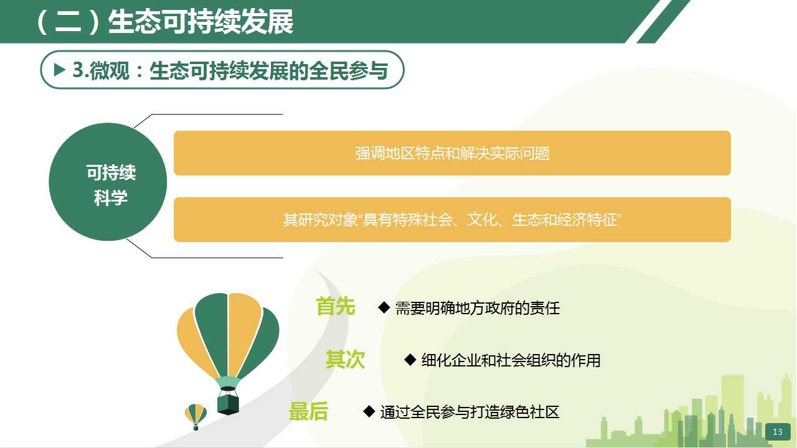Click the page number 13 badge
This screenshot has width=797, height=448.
778,432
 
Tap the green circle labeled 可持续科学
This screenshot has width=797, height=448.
108,182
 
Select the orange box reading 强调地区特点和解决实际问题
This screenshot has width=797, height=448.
452,153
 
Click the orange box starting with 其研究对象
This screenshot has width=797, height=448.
452,220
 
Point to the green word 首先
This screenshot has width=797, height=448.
336,307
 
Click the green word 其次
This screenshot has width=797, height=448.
345,359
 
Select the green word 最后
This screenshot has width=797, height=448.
308,411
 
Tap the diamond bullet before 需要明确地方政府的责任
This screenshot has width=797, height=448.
384,307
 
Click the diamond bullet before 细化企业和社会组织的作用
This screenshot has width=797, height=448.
410,360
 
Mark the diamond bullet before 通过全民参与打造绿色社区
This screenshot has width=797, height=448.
369,412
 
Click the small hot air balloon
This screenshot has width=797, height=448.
196,417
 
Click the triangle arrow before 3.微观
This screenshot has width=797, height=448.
59,70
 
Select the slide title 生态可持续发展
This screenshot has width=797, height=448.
200,22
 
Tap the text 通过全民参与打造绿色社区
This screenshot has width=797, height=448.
469,412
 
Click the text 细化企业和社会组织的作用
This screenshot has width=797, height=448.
511,360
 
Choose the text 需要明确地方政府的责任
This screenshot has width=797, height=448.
478,308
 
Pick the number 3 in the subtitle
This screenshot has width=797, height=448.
78,70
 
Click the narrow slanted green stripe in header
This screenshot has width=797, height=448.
664,21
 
